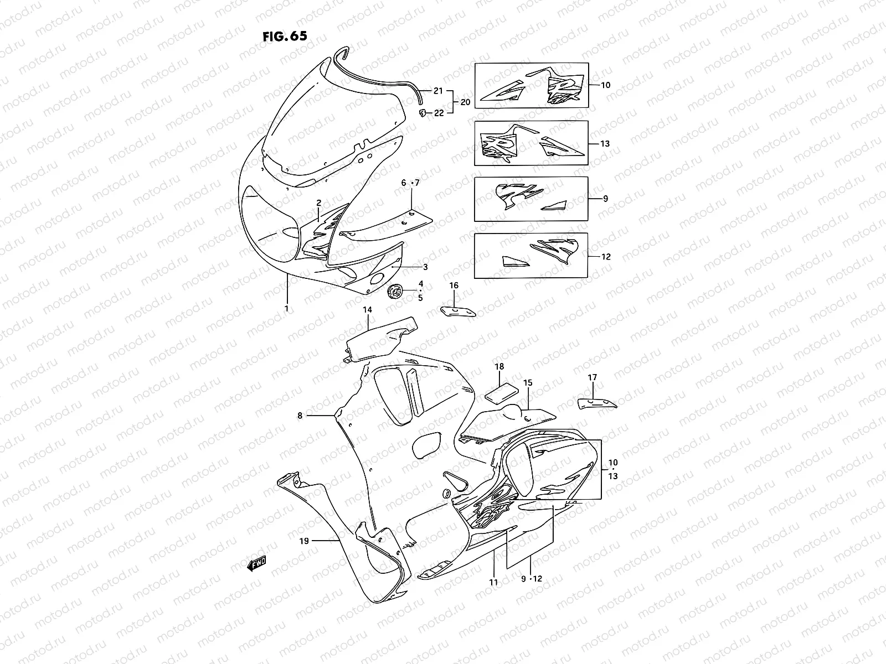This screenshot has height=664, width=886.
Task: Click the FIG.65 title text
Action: [284, 36]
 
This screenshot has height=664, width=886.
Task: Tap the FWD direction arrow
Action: [257, 563]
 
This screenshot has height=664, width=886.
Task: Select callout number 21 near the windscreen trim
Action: [439, 91]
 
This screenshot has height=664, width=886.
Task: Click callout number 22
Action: [439, 113]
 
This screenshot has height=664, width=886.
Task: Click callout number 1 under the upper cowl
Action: [286, 308]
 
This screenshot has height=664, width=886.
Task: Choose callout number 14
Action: [367, 310]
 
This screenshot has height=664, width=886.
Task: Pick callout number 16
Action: [454, 286]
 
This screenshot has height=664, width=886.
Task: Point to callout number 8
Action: [300, 415]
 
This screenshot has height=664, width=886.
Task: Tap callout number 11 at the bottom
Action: [493, 582]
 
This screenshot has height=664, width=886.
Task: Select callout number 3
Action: [425, 267]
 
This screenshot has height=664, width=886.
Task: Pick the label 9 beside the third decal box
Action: [605, 198]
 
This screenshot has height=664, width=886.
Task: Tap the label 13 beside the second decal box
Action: [605, 144]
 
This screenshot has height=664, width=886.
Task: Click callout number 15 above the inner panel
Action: [527, 382]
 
